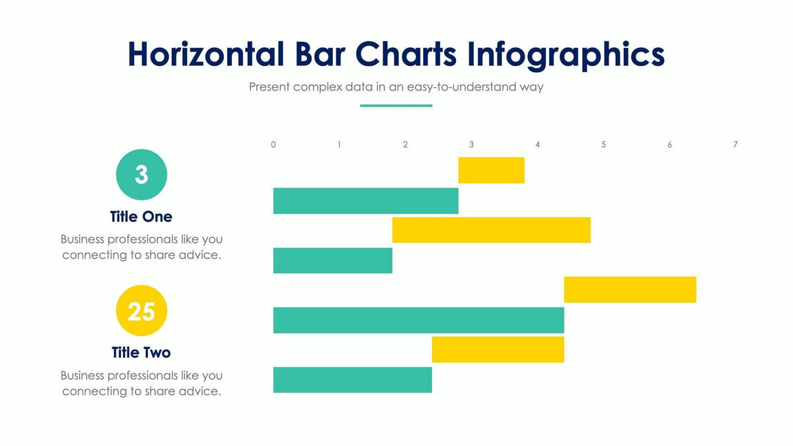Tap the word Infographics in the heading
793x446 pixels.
566,54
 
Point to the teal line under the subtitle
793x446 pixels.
396,106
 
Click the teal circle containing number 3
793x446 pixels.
141,174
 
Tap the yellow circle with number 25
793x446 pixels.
141,311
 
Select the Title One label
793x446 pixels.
141,217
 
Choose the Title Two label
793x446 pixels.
141,352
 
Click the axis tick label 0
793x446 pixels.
274,145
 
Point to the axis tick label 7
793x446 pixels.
736,145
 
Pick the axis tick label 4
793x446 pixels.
537,145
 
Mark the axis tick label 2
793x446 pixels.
405,145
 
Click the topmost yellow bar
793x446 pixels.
491,170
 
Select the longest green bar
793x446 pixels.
418,320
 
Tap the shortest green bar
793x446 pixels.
332,260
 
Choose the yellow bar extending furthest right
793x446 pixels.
630,289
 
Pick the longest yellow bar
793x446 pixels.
491,230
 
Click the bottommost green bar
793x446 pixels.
352,379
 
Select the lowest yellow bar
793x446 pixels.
498,350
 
